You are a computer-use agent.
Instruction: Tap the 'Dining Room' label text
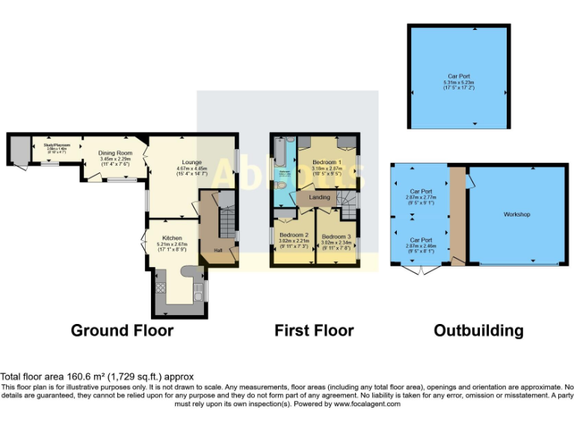[x=115, y=153]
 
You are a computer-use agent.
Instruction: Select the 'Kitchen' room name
[x=173, y=239]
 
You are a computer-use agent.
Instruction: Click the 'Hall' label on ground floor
[x=218, y=250]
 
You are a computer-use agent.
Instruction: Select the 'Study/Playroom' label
[x=58, y=145]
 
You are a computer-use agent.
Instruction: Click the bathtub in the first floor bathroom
[x=279, y=154]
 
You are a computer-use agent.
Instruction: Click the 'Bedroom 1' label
[x=327, y=162]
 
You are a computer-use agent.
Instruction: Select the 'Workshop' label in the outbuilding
[x=516, y=214]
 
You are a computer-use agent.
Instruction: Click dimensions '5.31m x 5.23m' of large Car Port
[x=457, y=82]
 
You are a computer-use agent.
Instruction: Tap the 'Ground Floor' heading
[x=122, y=330]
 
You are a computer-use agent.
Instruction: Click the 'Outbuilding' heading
[x=478, y=330]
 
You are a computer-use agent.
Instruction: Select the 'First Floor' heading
[x=314, y=330]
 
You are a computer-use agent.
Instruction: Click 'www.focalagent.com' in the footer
[x=367, y=404]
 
